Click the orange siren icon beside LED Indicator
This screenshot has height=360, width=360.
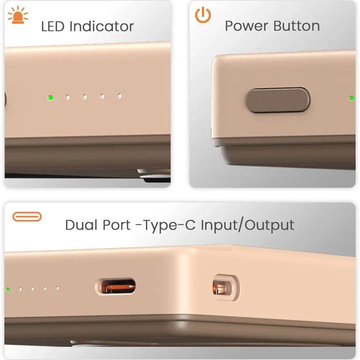[x=18, y=15]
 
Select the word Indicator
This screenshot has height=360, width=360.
[x=102, y=26]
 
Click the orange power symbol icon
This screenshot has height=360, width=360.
[x=203, y=15]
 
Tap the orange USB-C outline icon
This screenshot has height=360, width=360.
[x=27, y=217]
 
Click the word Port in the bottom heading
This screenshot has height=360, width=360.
[x=117, y=225]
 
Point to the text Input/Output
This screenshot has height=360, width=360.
[x=247, y=225]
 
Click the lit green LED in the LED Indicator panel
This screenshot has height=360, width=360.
[x=50, y=97]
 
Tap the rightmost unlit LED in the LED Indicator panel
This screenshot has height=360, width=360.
[x=119, y=96]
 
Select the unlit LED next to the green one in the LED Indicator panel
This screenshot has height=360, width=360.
[x=68, y=97]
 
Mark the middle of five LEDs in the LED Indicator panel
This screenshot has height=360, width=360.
[x=85, y=97]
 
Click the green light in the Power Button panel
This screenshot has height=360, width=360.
[x=351, y=98]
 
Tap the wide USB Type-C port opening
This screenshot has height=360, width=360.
[x=116, y=287]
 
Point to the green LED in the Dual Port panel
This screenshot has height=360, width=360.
[x=8, y=289]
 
